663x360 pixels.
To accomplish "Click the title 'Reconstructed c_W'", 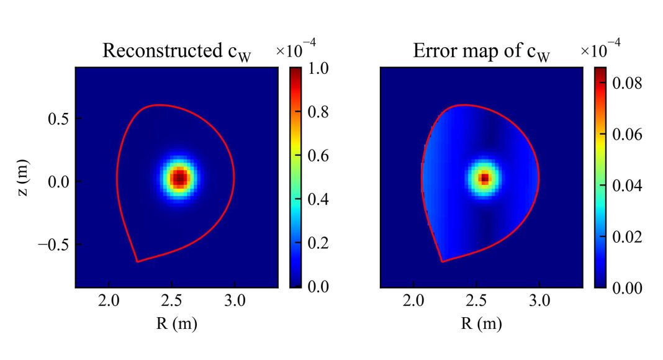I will point(178,52).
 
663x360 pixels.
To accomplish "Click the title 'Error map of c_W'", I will point(482,52).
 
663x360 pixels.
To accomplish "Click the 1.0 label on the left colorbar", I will point(317,68).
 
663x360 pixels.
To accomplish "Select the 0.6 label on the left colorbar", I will point(317,156).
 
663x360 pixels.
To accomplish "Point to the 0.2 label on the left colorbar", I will point(317,243).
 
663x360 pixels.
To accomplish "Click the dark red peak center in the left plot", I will point(179,178).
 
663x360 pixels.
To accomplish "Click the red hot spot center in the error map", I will point(484,178).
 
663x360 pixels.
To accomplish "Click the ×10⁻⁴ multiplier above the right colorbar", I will point(600,48).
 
